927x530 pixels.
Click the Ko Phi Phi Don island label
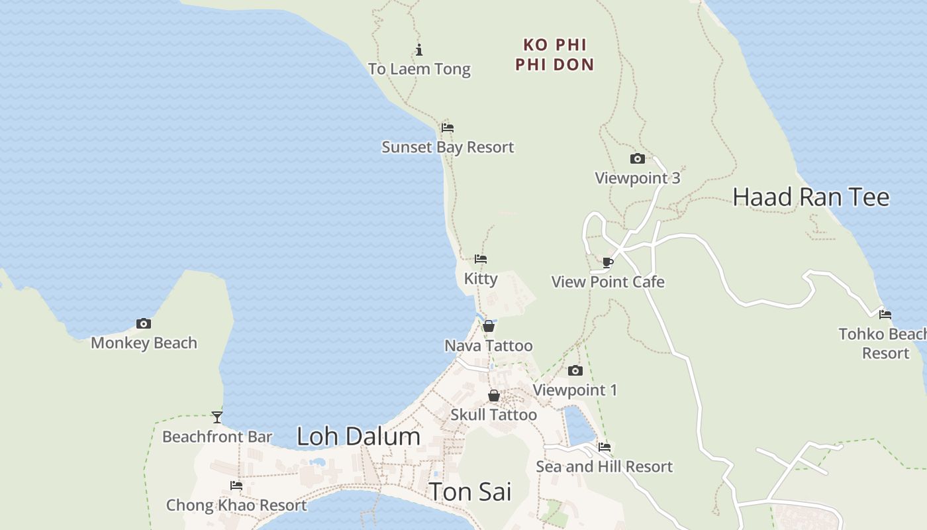(554, 54)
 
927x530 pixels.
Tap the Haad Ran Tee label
(810, 197)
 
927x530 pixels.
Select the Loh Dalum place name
(358, 436)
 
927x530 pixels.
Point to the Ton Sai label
(470, 492)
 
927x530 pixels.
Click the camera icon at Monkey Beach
(144, 323)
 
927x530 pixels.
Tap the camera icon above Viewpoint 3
(637, 158)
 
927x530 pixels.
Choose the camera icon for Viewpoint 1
(575, 370)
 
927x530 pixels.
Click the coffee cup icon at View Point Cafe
(607, 262)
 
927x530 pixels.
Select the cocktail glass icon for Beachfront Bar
(217, 417)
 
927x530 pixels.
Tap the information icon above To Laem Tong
(419, 50)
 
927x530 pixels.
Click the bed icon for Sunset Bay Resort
(448, 127)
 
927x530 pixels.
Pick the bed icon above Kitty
(481, 258)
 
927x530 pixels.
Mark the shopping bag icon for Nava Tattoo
(488, 326)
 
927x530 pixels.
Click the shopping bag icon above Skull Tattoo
(494, 396)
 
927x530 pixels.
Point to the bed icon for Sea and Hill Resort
(604, 447)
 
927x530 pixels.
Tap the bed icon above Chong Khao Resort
(236, 486)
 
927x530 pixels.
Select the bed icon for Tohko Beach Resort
(885, 315)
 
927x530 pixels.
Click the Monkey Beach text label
(144, 343)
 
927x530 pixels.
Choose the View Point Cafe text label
(608, 282)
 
